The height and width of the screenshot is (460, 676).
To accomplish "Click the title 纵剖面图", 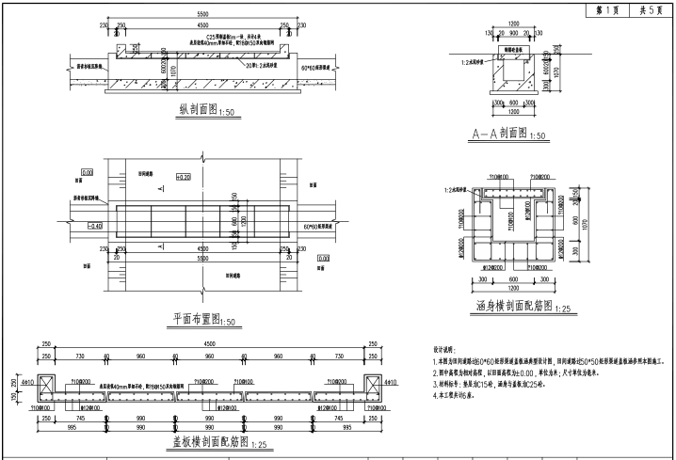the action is tap(197, 110).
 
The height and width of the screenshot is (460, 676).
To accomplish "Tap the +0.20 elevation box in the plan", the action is tap(183, 176).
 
